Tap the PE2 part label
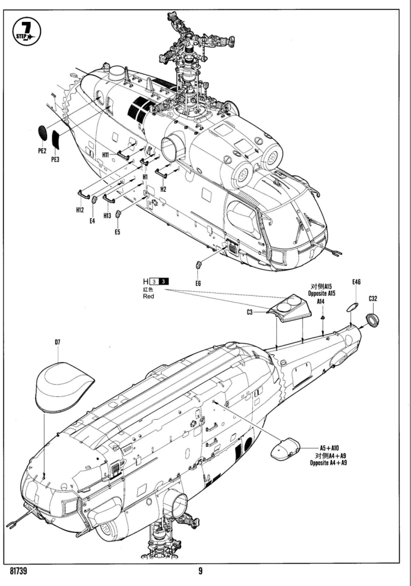pos(42,151)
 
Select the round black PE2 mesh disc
pos(43,132)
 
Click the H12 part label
pos(80,209)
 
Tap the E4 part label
pos(92,220)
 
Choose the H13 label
pos(108,215)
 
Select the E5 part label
pos(117,232)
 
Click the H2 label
pos(163,188)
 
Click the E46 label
pos(356,282)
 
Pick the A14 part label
pos(321,302)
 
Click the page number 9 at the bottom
pos(200,570)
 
